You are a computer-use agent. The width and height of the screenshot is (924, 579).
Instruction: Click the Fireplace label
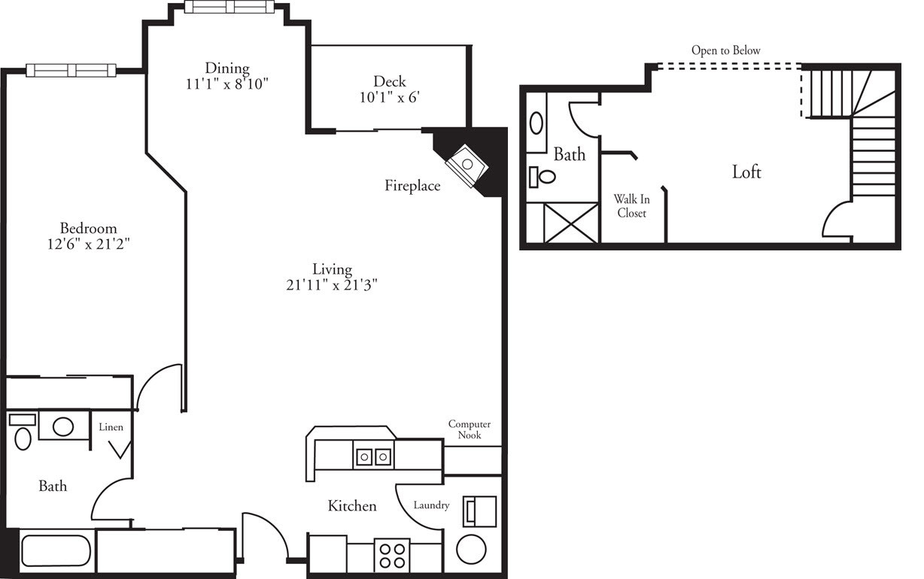[412, 186]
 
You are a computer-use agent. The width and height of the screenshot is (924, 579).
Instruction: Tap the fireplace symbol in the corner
[467, 163]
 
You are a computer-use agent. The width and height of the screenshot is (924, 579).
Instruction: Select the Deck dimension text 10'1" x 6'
[389, 97]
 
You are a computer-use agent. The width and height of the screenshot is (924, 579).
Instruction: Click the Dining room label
[227, 68]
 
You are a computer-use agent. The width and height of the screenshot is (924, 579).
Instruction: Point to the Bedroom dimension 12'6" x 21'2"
[89, 244]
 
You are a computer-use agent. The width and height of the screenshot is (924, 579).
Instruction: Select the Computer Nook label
[470, 429]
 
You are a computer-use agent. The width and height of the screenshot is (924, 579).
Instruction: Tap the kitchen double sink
[373, 456]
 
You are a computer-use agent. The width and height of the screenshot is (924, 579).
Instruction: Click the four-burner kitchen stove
[391, 555]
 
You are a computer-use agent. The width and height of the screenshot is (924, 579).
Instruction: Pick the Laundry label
[431, 505]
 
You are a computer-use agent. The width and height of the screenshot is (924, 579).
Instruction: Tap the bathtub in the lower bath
[56, 550]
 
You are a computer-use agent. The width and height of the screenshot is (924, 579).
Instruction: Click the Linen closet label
[111, 427]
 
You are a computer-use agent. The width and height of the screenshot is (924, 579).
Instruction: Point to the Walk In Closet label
[631, 206]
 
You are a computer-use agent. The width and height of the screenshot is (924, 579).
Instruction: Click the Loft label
[746, 172]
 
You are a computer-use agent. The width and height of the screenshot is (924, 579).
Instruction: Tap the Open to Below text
[726, 50]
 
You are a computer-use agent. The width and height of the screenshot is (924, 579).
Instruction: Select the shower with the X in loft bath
[570, 223]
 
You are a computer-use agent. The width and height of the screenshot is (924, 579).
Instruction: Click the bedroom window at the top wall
[71, 70]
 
